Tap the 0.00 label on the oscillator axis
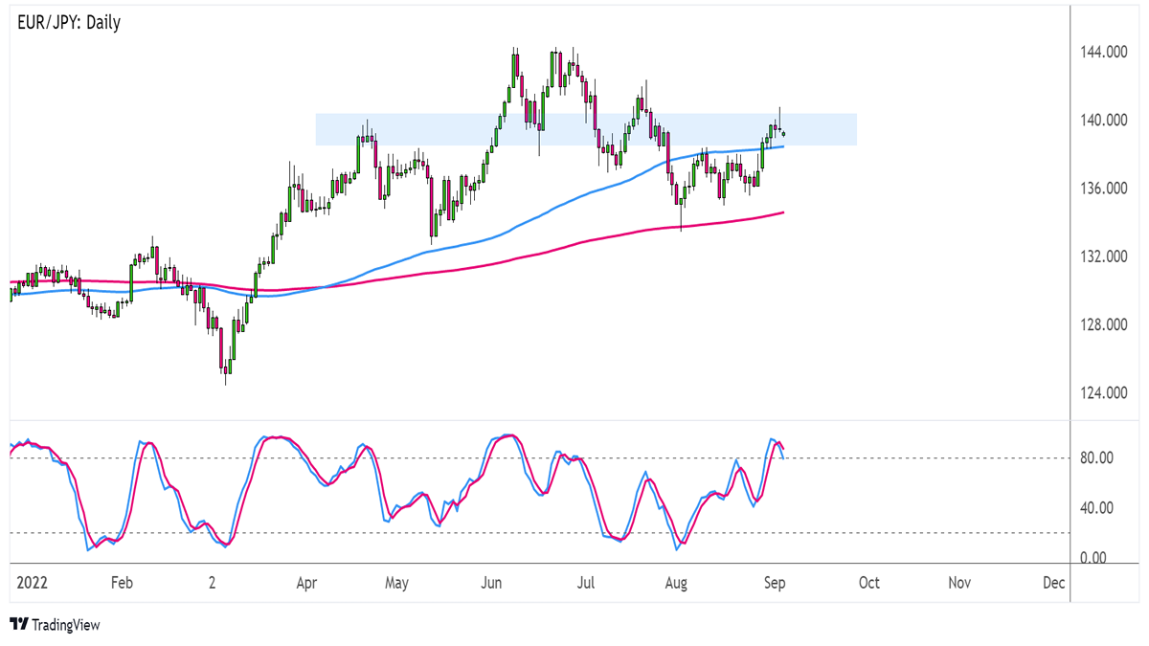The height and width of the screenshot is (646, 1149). point(1093,558)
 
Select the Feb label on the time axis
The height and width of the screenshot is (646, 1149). point(120,582)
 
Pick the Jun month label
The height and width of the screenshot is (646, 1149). point(491,582)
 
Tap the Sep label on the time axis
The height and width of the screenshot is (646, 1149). point(775,582)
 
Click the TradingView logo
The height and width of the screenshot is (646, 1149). point(55,625)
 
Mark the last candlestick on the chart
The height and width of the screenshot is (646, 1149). point(784,132)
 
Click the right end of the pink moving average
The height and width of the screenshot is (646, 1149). point(783,212)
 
